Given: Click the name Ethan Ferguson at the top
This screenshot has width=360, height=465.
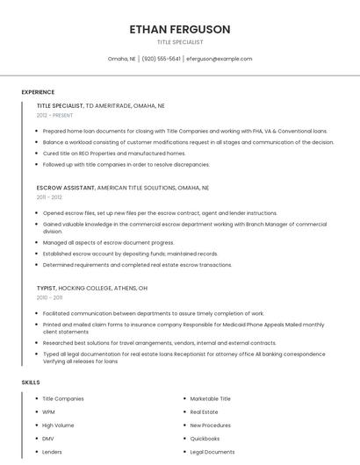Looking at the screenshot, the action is tap(179, 29).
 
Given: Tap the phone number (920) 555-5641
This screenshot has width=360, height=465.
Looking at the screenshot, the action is tap(161, 59).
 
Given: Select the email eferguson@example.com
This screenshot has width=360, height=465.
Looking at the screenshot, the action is tap(219, 59).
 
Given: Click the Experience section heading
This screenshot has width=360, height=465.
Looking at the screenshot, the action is tap(38, 92).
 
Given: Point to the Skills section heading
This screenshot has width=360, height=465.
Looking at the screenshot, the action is tap(30, 383).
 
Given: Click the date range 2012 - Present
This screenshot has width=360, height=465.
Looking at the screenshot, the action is tap(55, 115).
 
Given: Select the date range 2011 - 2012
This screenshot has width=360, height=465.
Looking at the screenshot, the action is tap(49, 197).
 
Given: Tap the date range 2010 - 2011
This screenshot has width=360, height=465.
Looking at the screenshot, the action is tap(49, 297).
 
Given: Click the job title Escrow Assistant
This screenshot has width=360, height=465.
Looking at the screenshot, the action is tap(66, 187).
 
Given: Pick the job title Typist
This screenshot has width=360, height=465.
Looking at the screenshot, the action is tap(47, 288).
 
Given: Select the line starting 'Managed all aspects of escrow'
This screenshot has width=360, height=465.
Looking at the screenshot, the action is tap(108, 242).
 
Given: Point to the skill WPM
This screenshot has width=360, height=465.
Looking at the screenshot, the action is tap(49, 411).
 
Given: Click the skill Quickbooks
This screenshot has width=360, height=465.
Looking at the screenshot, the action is tap(205, 438).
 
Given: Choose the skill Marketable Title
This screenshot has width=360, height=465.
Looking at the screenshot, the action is tap(210, 398).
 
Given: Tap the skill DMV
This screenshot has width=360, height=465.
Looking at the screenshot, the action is tap(48, 438).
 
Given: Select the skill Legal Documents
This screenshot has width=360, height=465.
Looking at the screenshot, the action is tap(212, 452).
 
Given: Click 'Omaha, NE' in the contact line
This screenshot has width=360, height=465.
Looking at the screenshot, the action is tap(121, 59).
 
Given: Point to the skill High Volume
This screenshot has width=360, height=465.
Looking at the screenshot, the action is tap(58, 425).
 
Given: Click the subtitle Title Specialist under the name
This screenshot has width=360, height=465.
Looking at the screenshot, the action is tap(179, 42).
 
